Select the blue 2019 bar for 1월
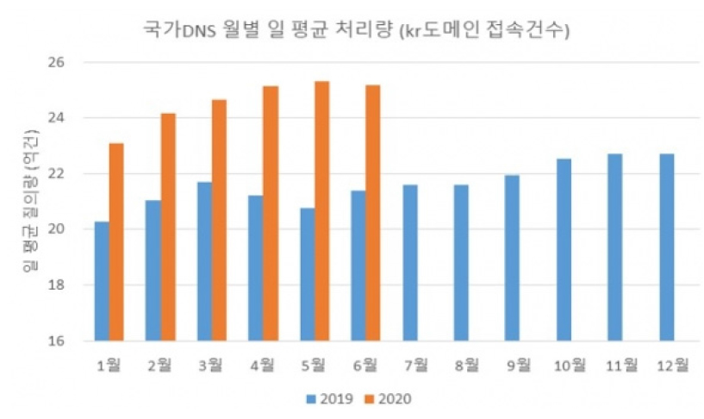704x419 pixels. pos(102,281)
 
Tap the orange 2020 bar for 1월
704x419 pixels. pos(116,241)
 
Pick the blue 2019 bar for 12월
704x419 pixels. pos(666,247)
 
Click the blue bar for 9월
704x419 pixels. pos(512,258)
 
